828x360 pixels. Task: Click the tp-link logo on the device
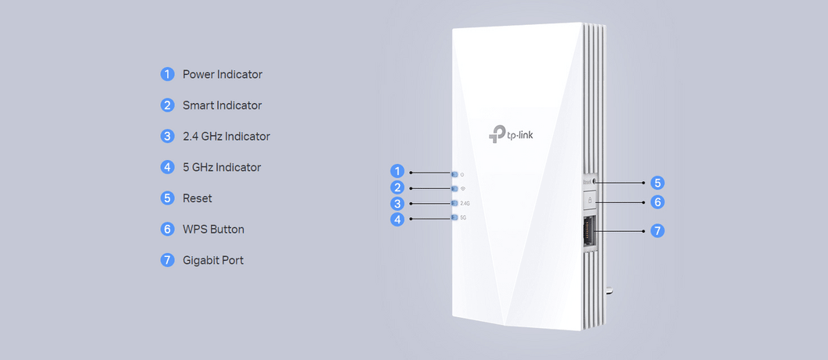click(x=512, y=134)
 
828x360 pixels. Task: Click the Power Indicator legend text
click(x=223, y=74)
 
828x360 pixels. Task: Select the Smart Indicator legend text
click(x=222, y=105)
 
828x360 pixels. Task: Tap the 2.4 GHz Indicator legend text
click(x=227, y=136)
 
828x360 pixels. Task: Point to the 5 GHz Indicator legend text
click(x=222, y=167)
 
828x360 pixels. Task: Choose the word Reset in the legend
click(x=198, y=198)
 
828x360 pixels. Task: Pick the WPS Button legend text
click(x=213, y=230)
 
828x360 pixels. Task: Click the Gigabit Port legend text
click(x=213, y=260)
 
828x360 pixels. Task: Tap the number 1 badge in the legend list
click(x=167, y=74)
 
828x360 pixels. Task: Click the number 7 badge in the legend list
click(x=167, y=260)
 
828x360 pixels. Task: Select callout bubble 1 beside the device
click(x=398, y=172)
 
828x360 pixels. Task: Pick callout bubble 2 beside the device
click(x=398, y=187)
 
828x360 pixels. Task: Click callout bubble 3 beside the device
click(x=398, y=204)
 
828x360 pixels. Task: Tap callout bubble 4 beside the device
click(x=398, y=219)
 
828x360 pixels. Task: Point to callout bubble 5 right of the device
click(x=658, y=183)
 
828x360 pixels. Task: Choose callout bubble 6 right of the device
click(x=658, y=201)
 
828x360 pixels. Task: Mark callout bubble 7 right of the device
click(x=658, y=231)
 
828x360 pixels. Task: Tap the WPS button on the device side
click(x=590, y=201)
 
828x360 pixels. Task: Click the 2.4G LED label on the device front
click(x=465, y=204)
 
